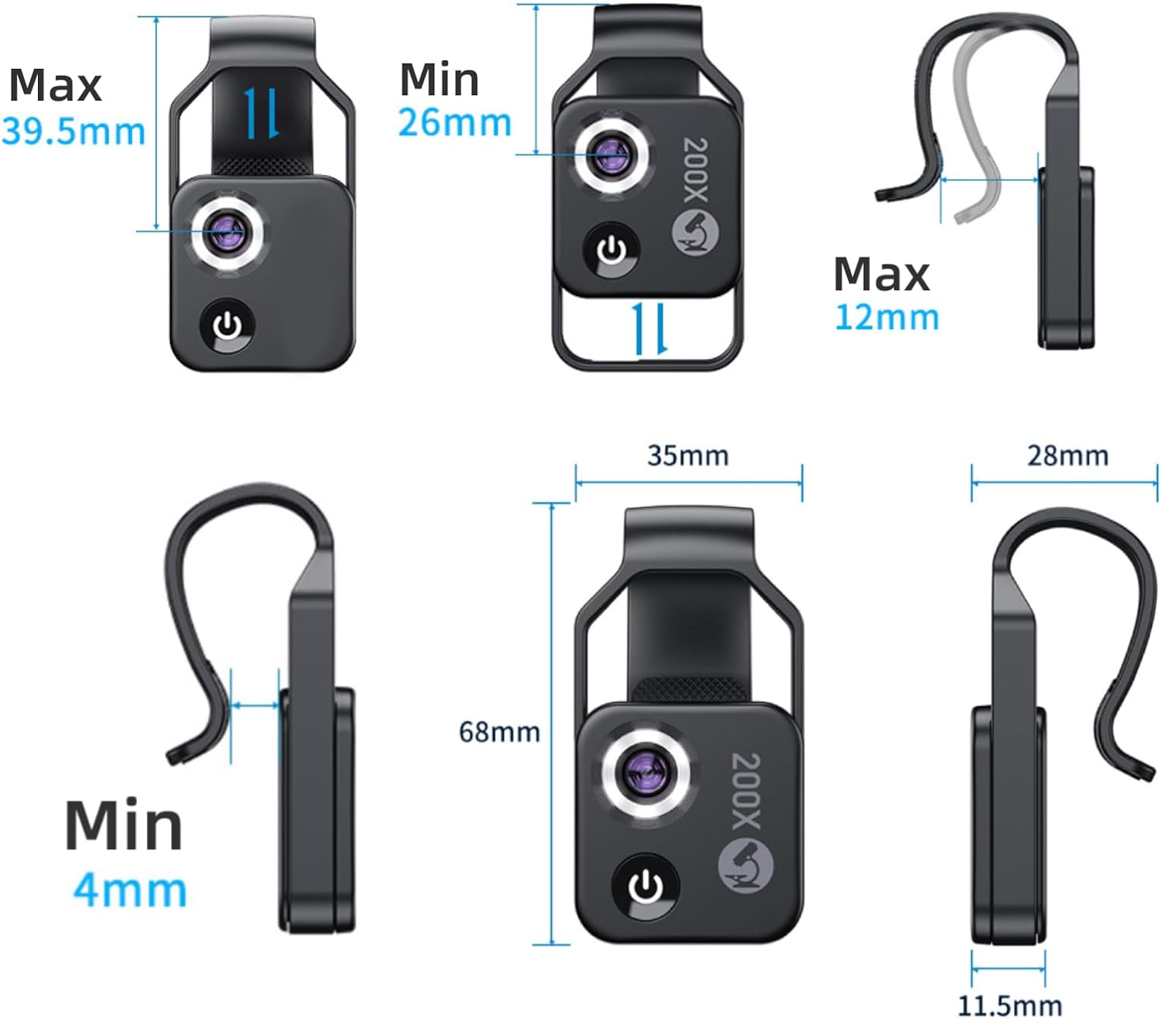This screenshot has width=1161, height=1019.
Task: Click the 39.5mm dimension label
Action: (74, 132)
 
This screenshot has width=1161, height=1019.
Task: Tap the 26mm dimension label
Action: (454, 123)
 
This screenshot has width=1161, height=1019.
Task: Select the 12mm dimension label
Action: (887, 317)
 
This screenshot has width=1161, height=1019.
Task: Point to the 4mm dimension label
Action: (130, 891)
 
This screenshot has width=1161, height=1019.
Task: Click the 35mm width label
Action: (688, 456)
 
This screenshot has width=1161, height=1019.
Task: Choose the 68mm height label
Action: (499, 732)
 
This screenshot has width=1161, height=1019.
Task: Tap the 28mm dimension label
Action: (1067, 456)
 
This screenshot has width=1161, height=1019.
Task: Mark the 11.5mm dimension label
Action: (1009, 1006)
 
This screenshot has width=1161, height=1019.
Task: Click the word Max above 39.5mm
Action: (55, 85)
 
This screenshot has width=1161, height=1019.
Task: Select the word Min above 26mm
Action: (439, 80)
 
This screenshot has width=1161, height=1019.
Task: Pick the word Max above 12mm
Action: (882, 275)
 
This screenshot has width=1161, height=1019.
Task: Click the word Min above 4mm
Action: (124, 826)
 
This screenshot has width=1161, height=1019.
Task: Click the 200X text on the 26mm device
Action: (696, 169)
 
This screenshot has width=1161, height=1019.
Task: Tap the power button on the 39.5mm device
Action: (228, 326)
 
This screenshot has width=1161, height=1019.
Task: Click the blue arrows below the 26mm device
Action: (649, 329)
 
